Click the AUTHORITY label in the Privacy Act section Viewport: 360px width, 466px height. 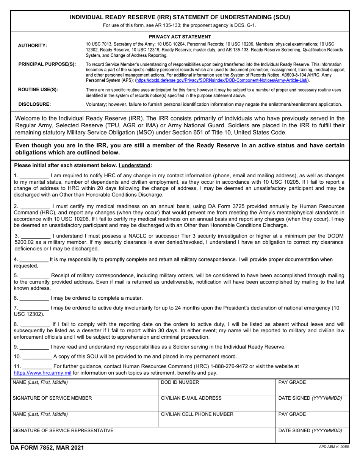(x=33, y=46)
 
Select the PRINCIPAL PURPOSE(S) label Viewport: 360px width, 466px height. (x=47, y=64)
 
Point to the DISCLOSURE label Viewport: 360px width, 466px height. (x=34, y=104)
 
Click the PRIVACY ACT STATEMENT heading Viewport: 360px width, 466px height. (x=180, y=37)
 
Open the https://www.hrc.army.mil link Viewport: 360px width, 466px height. (x=42, y=373)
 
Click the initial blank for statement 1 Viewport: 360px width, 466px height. (x=34, y=176)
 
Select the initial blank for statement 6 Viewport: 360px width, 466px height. (x=34, y=298)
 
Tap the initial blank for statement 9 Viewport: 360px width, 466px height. (x=34, y=347)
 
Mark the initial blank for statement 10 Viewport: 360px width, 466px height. (x=37, y=357)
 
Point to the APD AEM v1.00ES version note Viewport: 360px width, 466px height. (x=334, y=447)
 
